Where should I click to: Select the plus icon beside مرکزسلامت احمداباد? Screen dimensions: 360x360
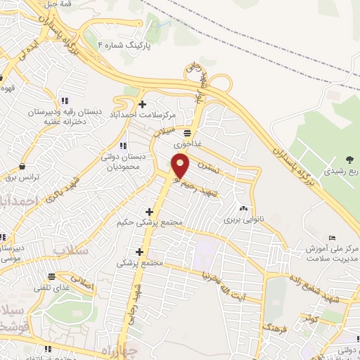pos(143,104)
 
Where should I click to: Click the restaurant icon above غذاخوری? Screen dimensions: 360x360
pos(187,132)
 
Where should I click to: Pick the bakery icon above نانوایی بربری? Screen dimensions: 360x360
pos(243,209)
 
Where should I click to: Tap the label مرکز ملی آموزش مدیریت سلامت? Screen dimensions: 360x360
pos(332,255)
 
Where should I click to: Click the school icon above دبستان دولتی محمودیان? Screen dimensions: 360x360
pos(124,146)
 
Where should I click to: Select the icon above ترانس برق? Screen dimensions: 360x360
pos(24,167)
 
